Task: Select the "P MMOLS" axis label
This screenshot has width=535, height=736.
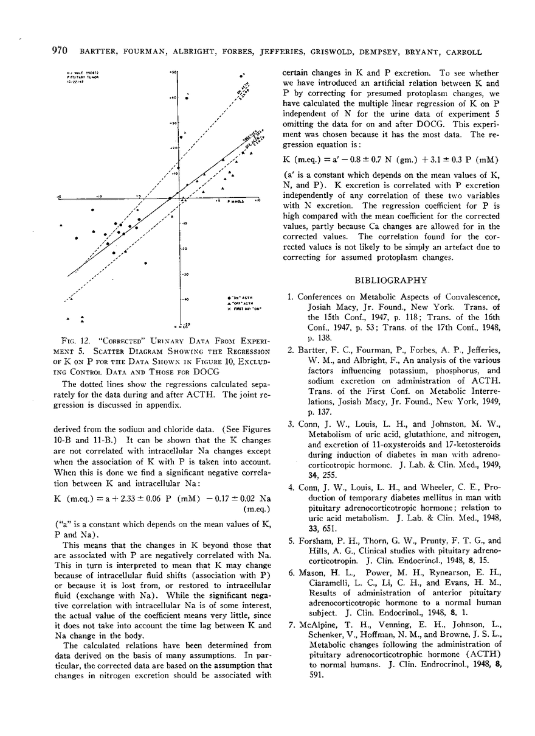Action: (235, 201)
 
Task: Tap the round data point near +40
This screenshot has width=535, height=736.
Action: (188, 97)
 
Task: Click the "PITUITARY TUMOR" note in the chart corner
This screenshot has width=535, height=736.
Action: (79, 79)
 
